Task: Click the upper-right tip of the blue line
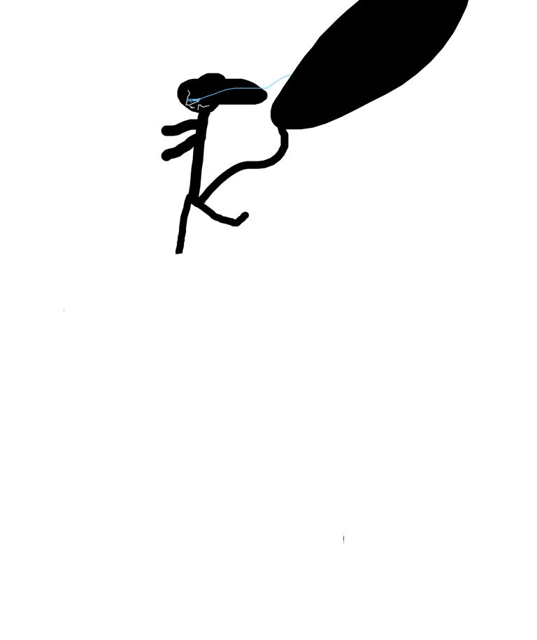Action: (x=291, y=75)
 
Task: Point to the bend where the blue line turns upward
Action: (x=267, y=88)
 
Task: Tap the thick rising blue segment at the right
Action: (x=279, y=80)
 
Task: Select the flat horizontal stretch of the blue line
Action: (x=250, y=88)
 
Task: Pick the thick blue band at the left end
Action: (x=193, y=101)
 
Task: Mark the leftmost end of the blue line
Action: (x=187, y=101)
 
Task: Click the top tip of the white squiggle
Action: (x=187, y=90)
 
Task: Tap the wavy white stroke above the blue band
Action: (x=189, y=94)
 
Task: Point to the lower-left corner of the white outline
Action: (x=186, y=105)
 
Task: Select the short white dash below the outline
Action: (x=192, y=107)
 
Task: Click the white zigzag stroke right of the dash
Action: (x=203, y=106)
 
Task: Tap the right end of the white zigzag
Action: (x=209, y=106)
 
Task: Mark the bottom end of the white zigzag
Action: (x=199, y=110)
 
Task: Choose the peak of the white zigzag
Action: (x=199, y=105)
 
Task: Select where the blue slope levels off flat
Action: (x=233, y=88)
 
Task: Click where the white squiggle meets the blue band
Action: (x=187, y=99)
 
